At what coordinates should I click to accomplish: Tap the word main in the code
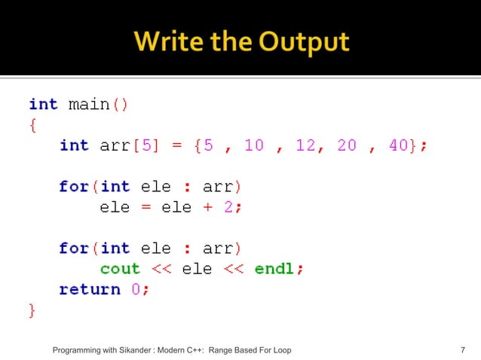pos(88,104)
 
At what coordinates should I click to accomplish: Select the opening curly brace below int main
pos(32,124)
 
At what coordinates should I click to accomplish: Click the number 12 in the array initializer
pos(305,145)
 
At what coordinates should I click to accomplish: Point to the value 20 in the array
pos(347,145)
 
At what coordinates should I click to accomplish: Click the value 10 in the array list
pos(254,145)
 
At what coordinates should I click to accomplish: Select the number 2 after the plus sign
pos(228,207)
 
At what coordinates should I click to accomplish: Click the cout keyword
pos(120,269)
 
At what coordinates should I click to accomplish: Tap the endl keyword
pos(274,269)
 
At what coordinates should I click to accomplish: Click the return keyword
pos(89,289)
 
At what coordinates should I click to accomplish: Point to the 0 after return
pos(136,289)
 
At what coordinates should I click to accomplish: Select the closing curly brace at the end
pos(32,310)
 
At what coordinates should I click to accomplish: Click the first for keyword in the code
pos(73,186)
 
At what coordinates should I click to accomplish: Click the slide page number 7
pos(461,350)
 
